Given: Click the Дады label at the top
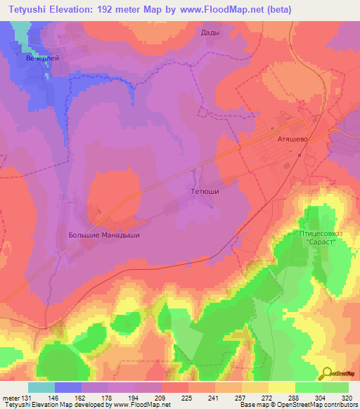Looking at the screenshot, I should pyautogui.click(x=210, y=32).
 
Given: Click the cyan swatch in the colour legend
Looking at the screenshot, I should pyautogui.click(x=41, y=387).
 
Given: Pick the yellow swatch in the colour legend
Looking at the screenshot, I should pyautogui.click(x=282, y=387).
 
